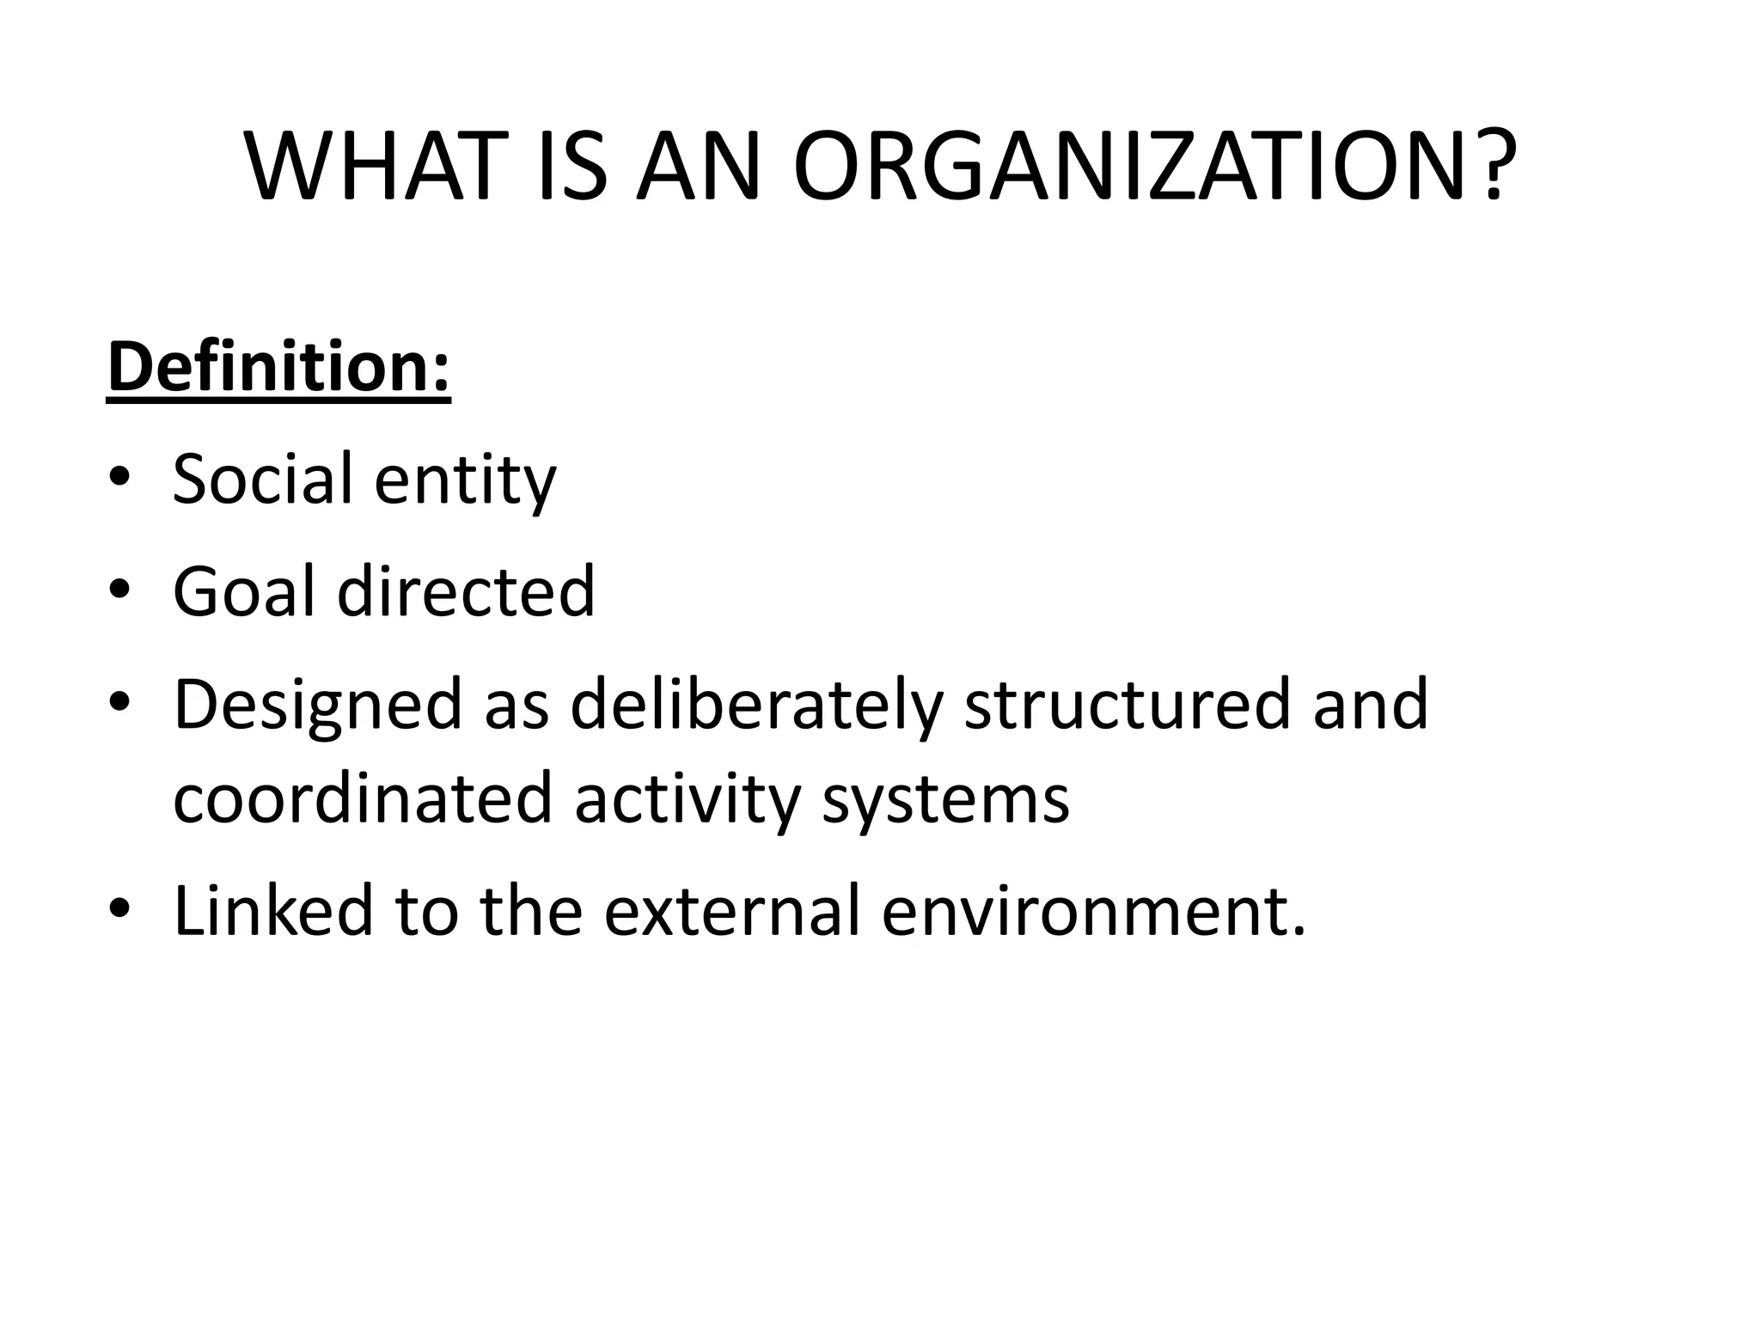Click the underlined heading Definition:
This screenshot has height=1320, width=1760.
click(x=278, y=367)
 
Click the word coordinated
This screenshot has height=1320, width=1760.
click(x=362, y=798)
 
